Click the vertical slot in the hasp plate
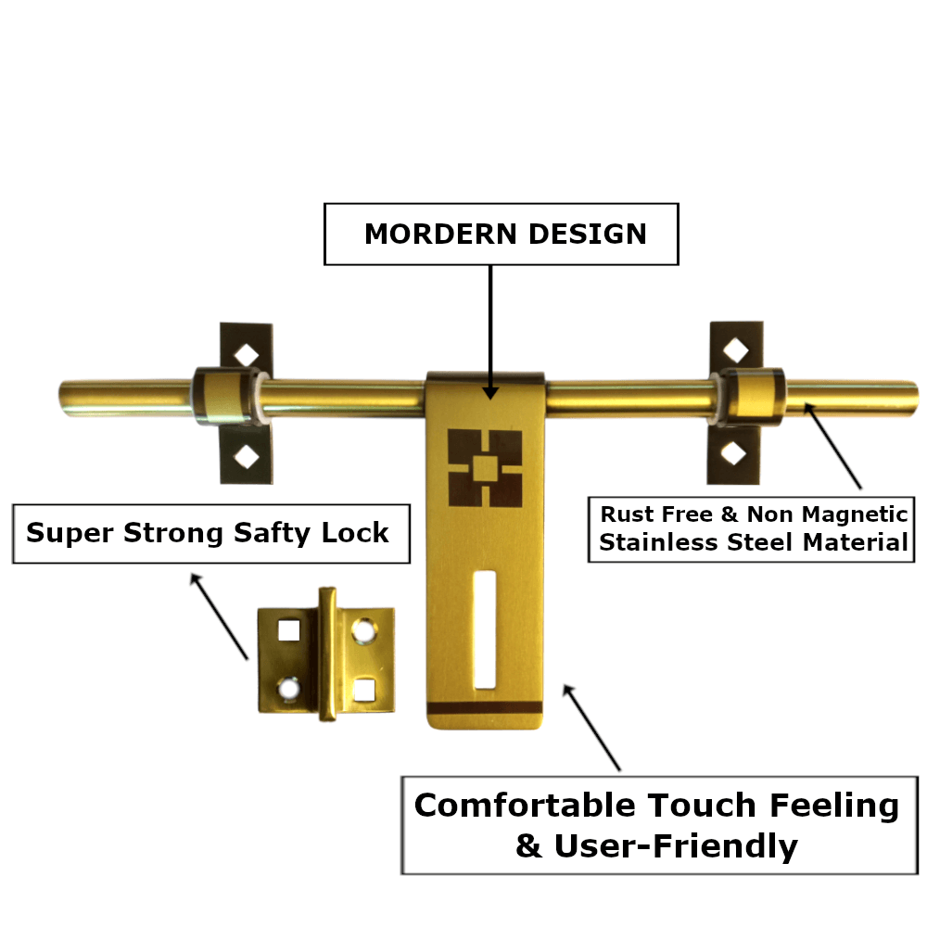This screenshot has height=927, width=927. (x=483, y=630)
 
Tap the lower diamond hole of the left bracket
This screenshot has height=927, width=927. (x=247, y=455)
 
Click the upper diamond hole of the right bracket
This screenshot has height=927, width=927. (x=734, y=349)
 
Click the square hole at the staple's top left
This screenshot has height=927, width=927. (x=287, y=630)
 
